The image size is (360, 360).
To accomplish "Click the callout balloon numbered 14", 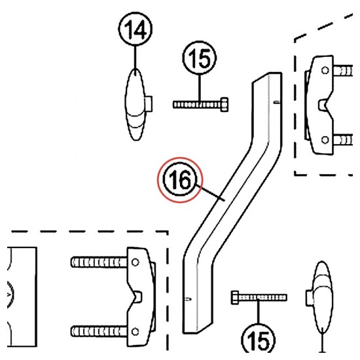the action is click(x=135, y=29).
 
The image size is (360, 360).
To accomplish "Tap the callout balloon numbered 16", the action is click(x=180, y=179).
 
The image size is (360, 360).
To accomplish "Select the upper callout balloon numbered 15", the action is click(x=199, y=58).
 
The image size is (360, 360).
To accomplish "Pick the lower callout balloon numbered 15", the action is click(x=258, y=340).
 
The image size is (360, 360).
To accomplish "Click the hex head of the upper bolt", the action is click(x=224, y=105).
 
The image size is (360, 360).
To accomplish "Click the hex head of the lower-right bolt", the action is click(x=235, y=298).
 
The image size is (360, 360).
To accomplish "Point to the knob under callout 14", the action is click(x=135, y=105).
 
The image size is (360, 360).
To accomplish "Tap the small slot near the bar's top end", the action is click(x=277, y=102).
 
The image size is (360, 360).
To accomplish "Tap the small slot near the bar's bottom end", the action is click(x=189, y=298).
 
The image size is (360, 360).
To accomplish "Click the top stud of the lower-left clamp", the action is click(x=99, y=262).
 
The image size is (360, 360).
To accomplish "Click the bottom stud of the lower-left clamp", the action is click(x=99, y=332).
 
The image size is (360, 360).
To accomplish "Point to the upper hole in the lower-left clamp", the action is click(x=135, y=262).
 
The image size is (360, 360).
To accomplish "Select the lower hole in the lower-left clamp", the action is click(x=135, y=332).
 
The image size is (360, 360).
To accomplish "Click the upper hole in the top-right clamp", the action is click(x=325, y=70).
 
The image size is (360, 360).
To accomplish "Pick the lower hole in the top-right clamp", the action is click(x=325, y=139).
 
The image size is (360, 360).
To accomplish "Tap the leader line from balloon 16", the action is click(x=210, y=192).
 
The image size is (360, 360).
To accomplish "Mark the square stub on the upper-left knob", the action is click(x=149, y=104).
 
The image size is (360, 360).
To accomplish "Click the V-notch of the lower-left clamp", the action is click(x=137, y=297).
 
